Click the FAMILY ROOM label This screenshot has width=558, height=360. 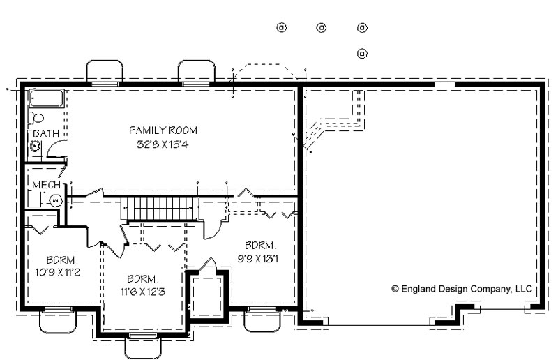click(163, 130)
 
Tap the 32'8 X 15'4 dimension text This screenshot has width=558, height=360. click(163, 144)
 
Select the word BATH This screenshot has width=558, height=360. click(46, 133)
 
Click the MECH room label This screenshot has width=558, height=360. click(46, 185)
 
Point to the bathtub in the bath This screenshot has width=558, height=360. click(47, 98)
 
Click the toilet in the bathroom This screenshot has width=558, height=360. click(37, 118)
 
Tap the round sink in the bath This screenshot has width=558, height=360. click(35, 146)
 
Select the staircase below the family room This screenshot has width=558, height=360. click(160, 209)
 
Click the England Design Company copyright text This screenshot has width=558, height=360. click(462, 289)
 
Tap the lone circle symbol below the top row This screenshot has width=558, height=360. click(362, 54)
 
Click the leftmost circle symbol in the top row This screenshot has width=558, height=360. click(282, 27)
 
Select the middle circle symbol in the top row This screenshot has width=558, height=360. click(322, 27)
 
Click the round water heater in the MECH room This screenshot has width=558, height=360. click(55, 201)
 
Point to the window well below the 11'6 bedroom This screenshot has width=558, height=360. click(143, 347)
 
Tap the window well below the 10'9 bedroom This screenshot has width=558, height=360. click(58, 322)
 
